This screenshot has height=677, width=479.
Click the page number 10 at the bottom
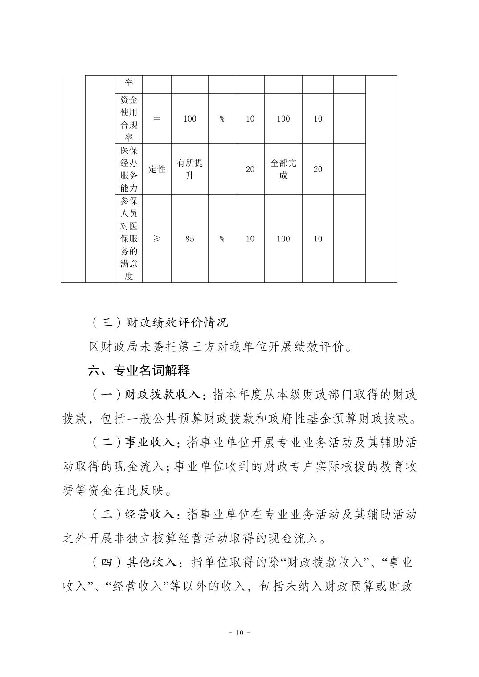coord(239,633)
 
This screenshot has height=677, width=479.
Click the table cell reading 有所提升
coord(189,169)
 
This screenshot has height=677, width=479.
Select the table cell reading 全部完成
coord(283,169)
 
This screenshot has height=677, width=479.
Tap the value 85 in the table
coord(189,239)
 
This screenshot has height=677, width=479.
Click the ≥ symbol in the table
coord(156,239)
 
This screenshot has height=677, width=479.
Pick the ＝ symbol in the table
coord(156,119)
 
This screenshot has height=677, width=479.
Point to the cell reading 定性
coord(156,169)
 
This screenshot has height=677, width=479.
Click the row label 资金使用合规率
coord(129,119)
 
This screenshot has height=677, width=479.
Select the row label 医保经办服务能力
coord(129,169)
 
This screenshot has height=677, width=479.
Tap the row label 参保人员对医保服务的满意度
coord(129,239)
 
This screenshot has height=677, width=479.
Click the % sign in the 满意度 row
coord(222,239)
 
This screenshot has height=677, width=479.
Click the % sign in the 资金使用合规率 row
coord(222,119)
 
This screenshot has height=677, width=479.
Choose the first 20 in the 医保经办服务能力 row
coord(250,169)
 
